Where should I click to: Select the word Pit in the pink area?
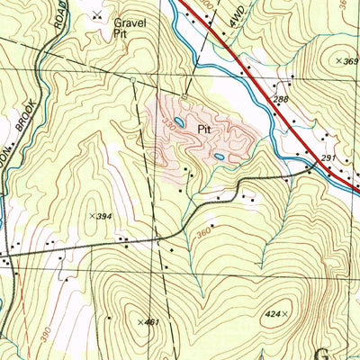coord(203,129)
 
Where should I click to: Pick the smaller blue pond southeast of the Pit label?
coord(219,157)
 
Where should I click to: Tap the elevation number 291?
coord(328,158)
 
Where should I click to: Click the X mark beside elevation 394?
coord(94,216)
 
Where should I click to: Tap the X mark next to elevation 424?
coord(286,314)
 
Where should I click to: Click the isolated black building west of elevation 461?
coord(109,318)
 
